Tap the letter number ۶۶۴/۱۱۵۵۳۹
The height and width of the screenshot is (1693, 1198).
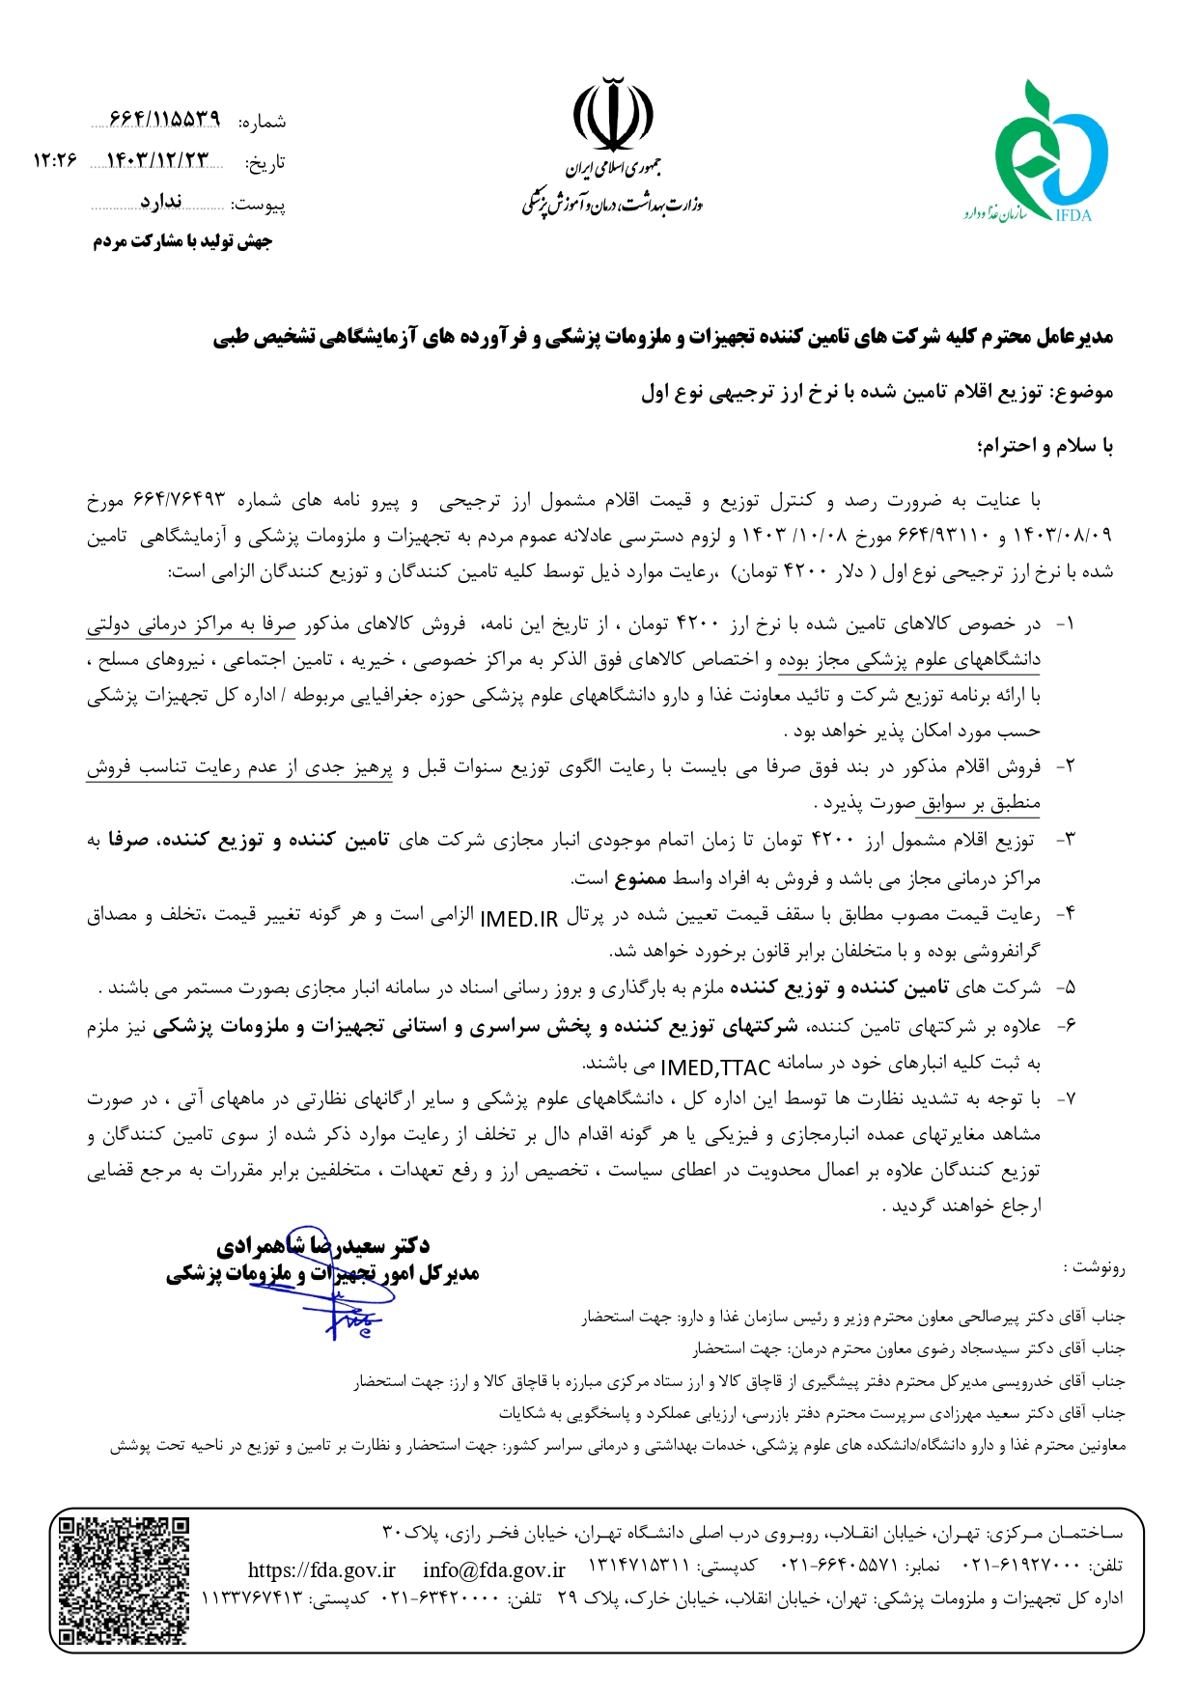tap(164, 119)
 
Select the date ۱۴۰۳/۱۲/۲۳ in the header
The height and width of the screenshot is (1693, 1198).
tap(156, 161)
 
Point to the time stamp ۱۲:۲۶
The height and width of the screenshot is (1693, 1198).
tap(54, 161)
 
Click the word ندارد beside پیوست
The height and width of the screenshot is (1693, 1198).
tap(160, 202)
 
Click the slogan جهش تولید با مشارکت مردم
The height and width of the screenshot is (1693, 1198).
tap(182, 241)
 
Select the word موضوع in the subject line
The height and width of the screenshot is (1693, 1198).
tap(1083, 392)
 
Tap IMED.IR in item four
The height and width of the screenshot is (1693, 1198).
tap(518, 918)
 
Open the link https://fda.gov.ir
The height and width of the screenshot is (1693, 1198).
tap(321, 1570)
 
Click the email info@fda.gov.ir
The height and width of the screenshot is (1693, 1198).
tap(494, 1570)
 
